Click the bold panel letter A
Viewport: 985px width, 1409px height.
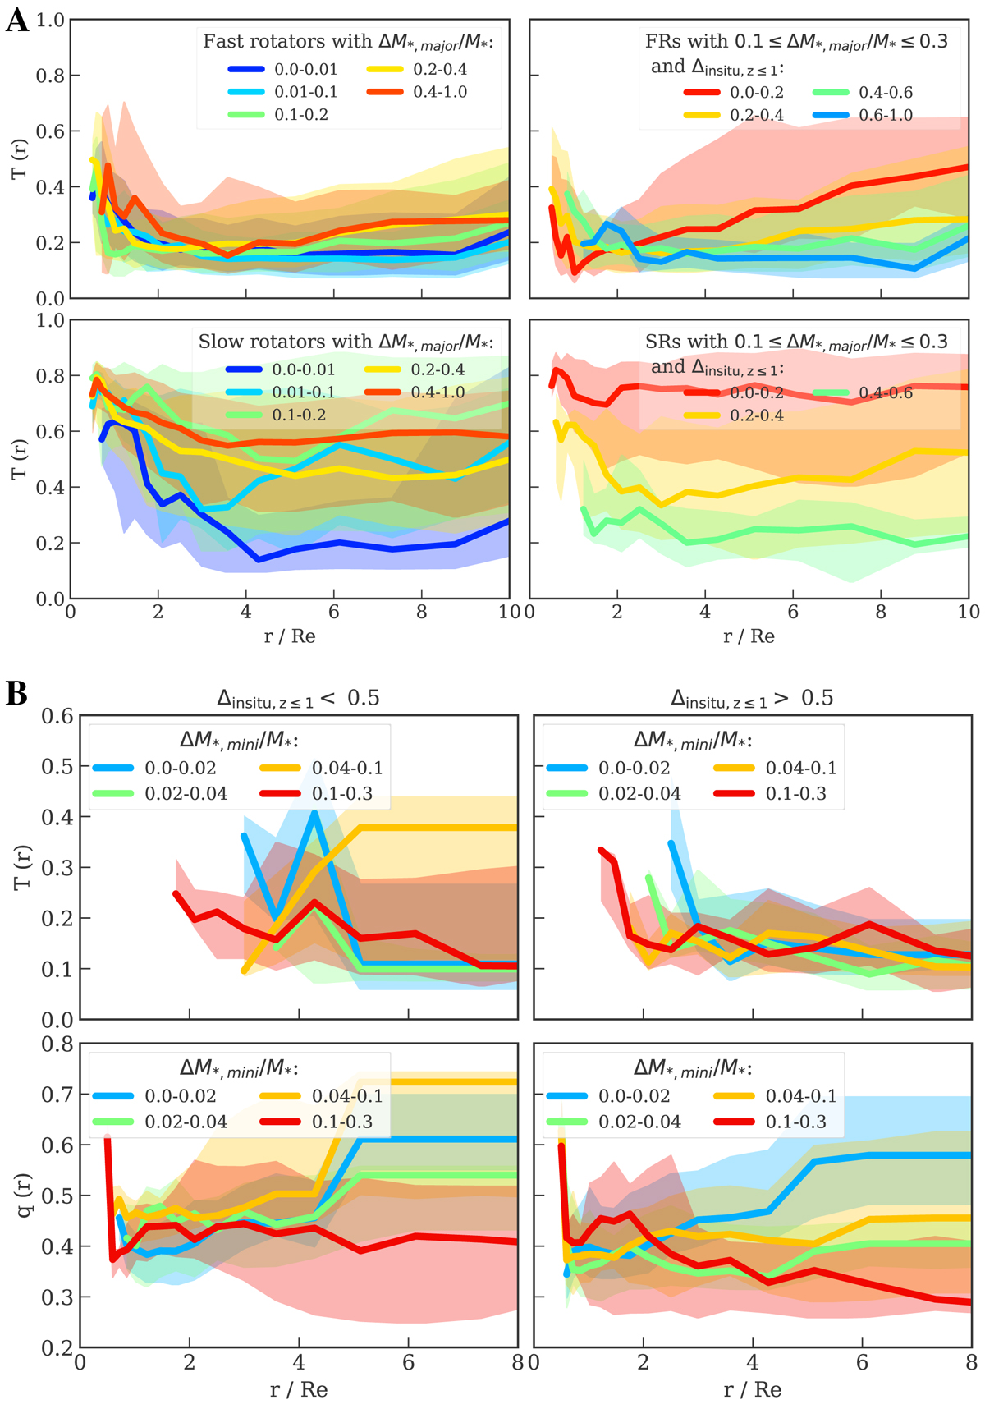click(16, 20)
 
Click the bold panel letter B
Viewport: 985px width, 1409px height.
click(16, 694)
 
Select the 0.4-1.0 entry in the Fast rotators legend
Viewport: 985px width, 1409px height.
click(440, 92)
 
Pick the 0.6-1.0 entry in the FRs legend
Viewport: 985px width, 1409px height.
click(885, 115)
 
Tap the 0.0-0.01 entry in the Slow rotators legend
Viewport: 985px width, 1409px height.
click(303, 370)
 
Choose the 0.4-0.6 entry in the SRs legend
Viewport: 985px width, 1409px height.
click(885, 393)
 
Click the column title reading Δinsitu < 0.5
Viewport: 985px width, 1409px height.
click(298, 698)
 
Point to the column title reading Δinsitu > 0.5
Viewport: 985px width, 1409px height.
click(752, 698)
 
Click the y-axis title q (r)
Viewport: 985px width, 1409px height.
click(22, 1195)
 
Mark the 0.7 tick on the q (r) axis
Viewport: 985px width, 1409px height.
click(57, 1095)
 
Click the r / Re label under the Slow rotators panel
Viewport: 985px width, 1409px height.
click(290, 636)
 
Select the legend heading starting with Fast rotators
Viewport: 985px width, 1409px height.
click(353, 41)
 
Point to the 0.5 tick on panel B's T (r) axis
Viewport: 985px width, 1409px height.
click(57, 766)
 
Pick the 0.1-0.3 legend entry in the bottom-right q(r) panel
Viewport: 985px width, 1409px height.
click(795, 1122)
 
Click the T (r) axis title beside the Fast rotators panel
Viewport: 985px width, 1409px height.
click(20, 159)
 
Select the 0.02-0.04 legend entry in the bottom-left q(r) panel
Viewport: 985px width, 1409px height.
click(186, 1122)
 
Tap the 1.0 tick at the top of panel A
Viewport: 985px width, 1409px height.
click(51, 20)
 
